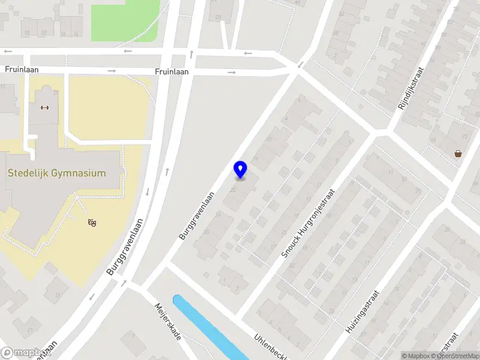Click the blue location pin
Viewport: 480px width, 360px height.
[240, 169]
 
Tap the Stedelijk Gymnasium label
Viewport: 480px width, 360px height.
[56, 173]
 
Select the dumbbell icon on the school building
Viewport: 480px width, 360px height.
[44, 107]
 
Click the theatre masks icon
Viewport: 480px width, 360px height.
[92, 223]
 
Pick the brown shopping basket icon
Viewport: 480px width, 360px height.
[458, 154]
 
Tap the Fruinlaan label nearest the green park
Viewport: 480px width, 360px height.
[172, 71]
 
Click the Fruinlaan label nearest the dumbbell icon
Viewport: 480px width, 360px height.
[22, 70]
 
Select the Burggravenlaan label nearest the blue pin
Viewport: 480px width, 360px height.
[196, 216]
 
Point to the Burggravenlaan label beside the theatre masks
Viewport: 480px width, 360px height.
[126, 247]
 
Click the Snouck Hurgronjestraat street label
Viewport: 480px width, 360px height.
[308, 223]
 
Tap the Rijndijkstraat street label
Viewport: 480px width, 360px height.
[411, 88]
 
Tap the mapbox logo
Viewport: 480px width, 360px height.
[25, 353]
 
